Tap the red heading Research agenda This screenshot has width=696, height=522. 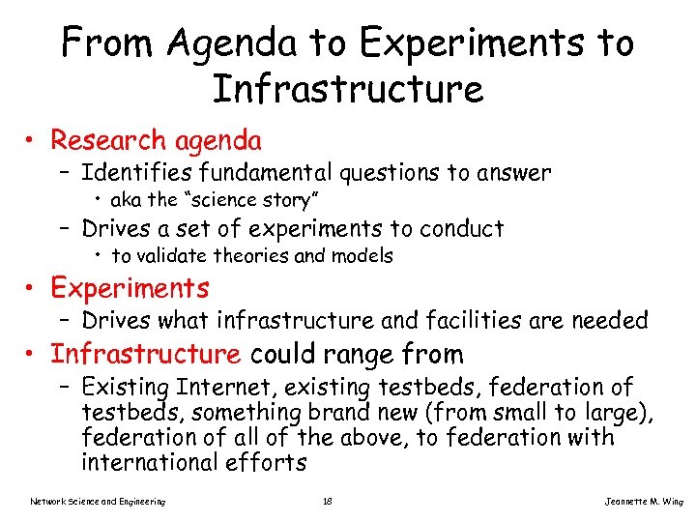pyautogui.click(x=156, y=141)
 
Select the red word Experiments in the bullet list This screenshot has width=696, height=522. pyautogui.click(x=130, y=288)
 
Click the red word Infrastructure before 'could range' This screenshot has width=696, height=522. pyautogui.click(x=145, y=354)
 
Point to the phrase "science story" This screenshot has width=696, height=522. pyautogui.click(x=249, y=201)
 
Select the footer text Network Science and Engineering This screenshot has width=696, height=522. pyautogui.click(x=98, y=501)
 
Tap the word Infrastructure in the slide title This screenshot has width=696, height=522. pyautogui.click(x=347, y=90)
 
